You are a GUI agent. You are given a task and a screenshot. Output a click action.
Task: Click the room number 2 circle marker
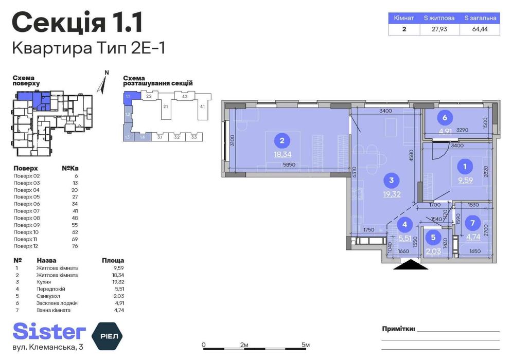point(281,140)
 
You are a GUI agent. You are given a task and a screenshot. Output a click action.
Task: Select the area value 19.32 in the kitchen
point(392,194)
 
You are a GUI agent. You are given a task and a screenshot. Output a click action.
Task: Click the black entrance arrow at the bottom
point(410,265)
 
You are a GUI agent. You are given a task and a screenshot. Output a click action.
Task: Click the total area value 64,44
point(480,29)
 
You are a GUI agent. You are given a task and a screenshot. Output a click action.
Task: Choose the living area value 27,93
point(439,29)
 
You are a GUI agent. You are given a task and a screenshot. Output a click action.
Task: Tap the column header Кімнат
point(404,18)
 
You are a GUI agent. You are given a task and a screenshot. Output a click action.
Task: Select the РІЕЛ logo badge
point(107,335)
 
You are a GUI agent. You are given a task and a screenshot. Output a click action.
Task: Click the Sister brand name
point(49,332)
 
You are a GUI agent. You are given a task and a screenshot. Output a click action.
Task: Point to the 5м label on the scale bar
point(306,345)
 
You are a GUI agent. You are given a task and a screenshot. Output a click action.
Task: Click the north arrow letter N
point(107,73)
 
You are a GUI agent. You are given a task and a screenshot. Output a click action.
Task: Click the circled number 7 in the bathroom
point(472,224)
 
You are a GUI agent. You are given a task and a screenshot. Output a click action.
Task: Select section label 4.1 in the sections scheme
point(202,106)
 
